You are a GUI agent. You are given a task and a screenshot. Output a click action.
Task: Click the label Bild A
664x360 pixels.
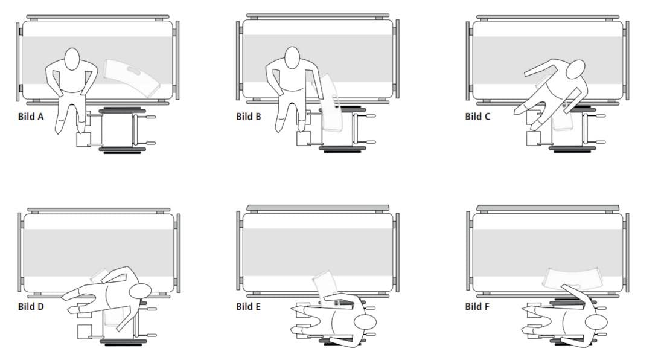[31, 117]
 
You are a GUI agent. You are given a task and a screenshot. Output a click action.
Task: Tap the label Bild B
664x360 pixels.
[249, 117]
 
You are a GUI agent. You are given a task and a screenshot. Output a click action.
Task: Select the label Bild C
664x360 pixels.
[477, 117]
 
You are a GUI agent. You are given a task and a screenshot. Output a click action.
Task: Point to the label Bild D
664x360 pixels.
[31, 306]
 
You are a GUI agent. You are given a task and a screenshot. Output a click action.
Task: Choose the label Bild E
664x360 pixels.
[248, 306]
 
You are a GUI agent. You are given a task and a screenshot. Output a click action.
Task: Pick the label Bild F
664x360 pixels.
[477, 306]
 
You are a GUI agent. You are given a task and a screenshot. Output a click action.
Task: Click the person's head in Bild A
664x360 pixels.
[72, 59]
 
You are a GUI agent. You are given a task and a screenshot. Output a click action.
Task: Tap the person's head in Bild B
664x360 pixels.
[292, 57]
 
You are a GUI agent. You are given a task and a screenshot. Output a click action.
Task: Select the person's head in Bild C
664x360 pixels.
[576, 69]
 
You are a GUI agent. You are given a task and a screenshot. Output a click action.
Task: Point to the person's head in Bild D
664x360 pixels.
[140, 292]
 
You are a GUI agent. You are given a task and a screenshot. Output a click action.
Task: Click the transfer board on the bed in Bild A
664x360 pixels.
[132, 77]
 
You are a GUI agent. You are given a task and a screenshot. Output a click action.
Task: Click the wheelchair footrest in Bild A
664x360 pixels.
[83, 140]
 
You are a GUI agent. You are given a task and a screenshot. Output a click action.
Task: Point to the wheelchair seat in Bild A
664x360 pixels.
[116, 130]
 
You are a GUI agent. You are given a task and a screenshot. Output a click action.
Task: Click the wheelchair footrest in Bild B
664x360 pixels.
[303, 138]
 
